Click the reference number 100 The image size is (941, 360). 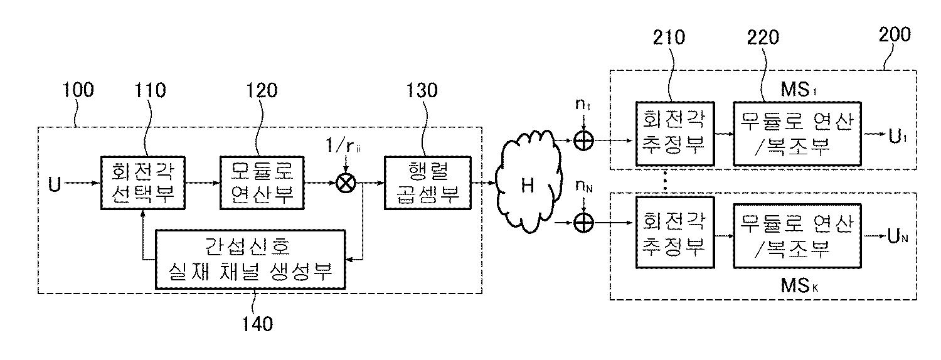click(78, 90)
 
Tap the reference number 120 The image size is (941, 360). click(261, 90)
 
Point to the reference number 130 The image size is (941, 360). click(421, 90)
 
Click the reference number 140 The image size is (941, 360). click(258, 324)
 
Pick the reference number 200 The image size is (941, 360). click(895, 34)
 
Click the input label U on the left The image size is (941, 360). click(56, 184)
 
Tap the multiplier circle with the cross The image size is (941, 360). click(344, 184)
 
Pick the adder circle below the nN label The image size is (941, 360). click(584, 222)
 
